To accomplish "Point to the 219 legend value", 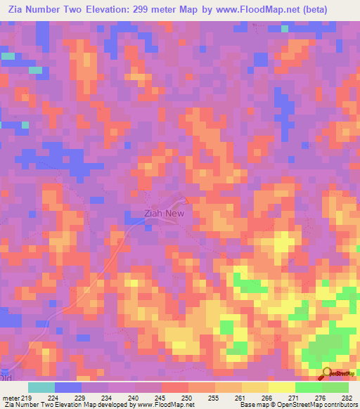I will click(x=27, y=398).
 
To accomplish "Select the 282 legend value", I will click(x=347, y=398).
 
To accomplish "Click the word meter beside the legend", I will click(x=11, y=398).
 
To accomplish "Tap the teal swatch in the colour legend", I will click(x=41, y=387).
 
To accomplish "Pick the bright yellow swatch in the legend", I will click(x=281, y=387).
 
